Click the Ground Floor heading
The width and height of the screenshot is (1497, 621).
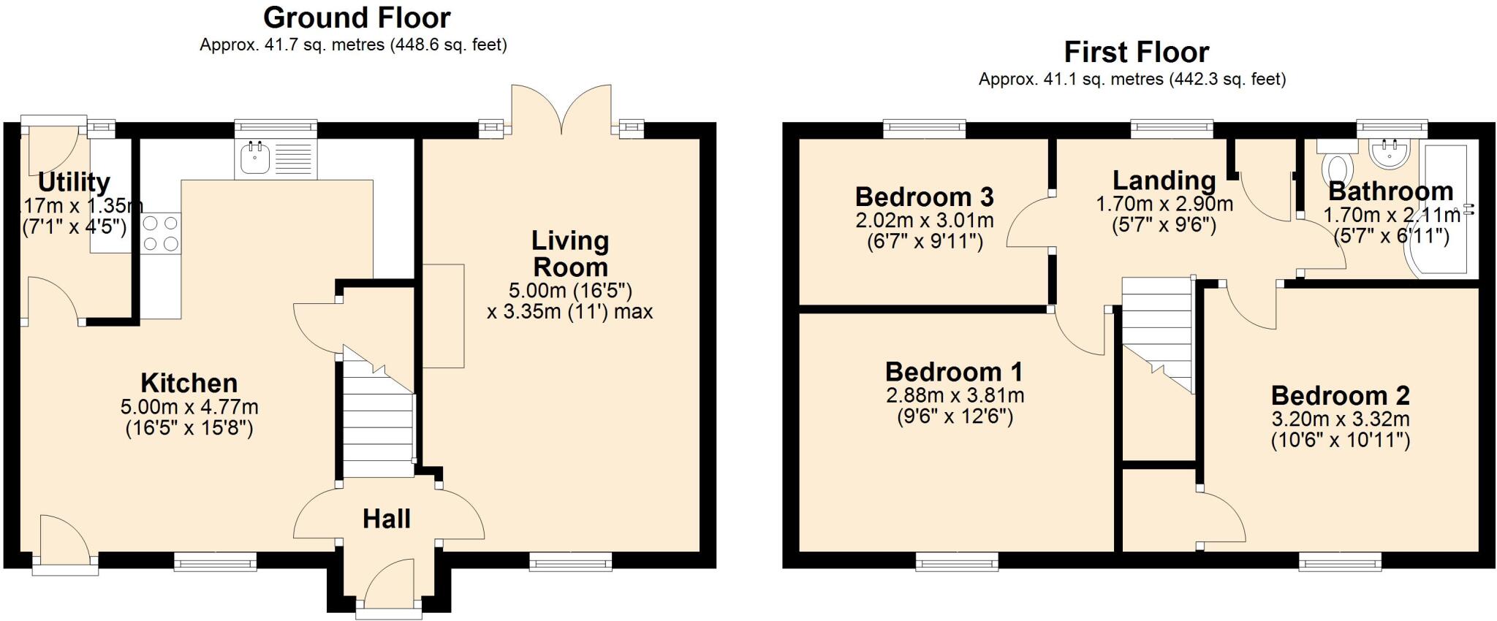pos(357,18)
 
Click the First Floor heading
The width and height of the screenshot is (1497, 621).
pos(1136,53)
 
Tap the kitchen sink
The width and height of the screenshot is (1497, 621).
pos(255,158)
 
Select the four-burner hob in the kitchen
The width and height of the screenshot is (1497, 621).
pos(162,234)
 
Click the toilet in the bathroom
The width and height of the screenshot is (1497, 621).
pos(1338,168)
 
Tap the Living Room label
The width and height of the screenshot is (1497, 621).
pos(569,254)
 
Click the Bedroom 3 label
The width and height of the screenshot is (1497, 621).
pos(924,197)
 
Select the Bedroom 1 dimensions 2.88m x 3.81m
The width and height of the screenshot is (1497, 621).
pos(955,396)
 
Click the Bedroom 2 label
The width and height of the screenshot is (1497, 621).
pos(1340,396)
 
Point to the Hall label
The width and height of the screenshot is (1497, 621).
pos(386,519)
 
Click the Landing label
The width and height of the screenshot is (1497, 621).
pos(1164,180)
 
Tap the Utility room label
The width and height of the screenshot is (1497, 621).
pos(74,182)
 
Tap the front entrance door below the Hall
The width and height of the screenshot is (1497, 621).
pos(389,584)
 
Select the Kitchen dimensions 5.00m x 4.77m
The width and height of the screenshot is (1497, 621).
pos(189,407)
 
